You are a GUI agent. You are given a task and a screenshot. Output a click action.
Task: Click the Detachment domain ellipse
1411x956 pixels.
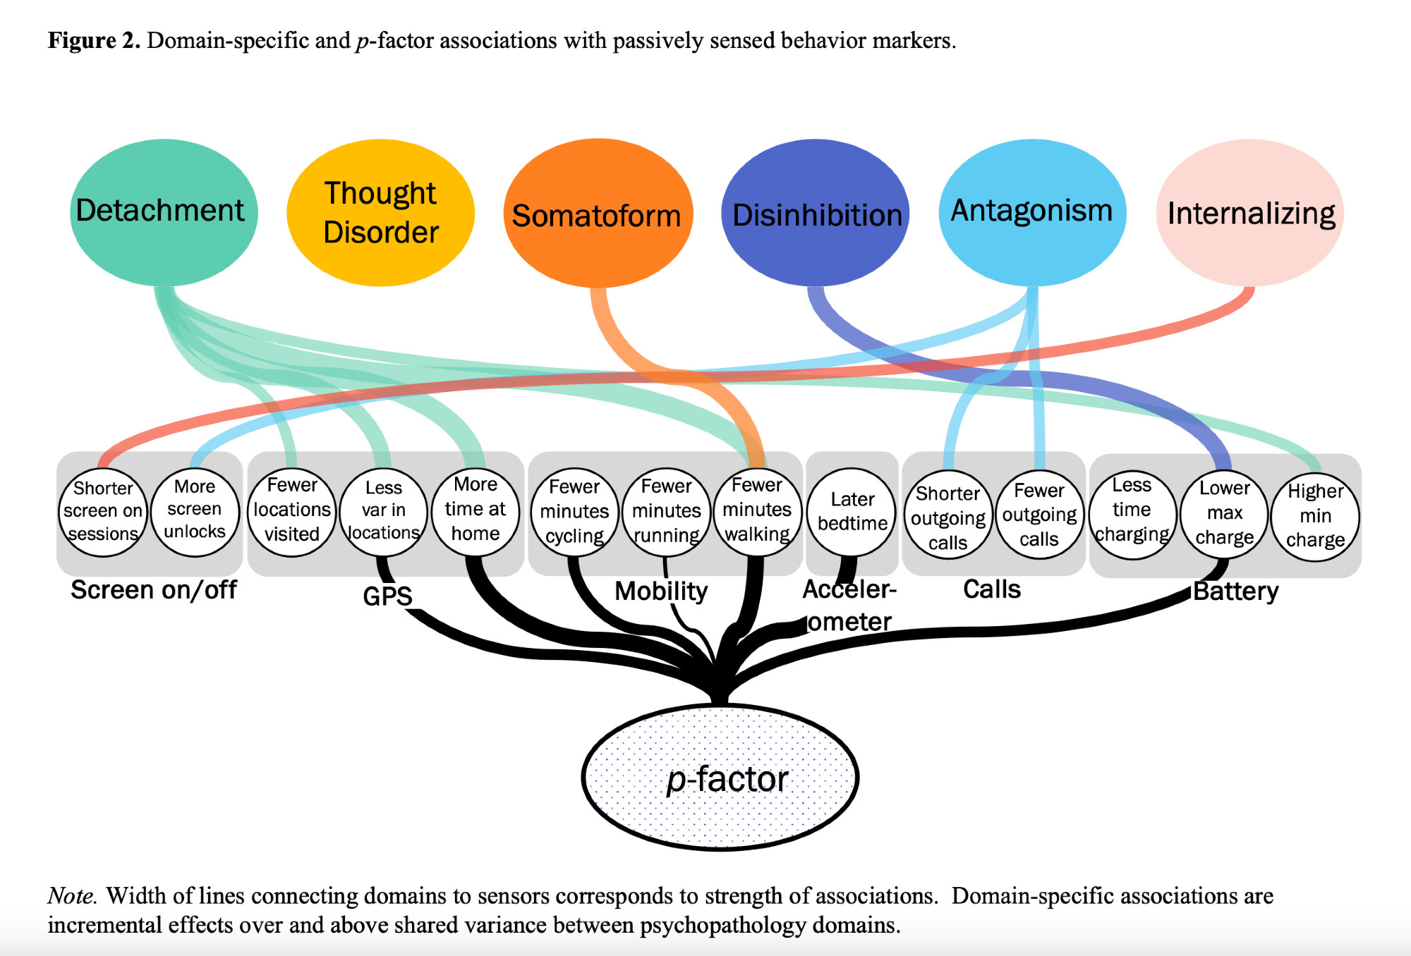164,212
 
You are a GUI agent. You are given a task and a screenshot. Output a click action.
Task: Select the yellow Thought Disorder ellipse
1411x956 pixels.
380,212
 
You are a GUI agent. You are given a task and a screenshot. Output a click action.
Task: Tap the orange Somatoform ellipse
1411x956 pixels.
598,213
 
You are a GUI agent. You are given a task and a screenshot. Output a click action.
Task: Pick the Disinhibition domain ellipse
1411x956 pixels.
816,212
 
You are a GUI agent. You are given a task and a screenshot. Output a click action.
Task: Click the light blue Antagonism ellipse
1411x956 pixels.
1032,212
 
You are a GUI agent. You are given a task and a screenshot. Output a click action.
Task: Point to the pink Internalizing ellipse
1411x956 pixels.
1250,212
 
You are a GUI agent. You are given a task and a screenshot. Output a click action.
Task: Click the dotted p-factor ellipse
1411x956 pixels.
720,777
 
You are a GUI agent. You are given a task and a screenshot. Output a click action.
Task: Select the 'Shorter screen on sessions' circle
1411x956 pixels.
103,512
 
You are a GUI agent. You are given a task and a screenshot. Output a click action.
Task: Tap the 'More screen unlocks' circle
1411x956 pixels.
195,510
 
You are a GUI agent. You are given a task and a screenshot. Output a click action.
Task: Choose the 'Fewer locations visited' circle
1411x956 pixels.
292,510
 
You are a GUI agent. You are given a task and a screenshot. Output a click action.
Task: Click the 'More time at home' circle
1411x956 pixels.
476,510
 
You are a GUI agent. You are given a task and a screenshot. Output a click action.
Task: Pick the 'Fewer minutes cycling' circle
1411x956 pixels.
575,512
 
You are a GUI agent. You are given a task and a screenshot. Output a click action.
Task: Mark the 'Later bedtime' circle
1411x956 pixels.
852,512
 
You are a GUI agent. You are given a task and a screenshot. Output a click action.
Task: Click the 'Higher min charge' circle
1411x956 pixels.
1315,516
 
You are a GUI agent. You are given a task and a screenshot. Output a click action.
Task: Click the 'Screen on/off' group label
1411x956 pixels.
154,590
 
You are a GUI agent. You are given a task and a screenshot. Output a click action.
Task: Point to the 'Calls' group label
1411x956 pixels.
992,589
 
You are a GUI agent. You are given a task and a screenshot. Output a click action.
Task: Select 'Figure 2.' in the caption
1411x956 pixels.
94,41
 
